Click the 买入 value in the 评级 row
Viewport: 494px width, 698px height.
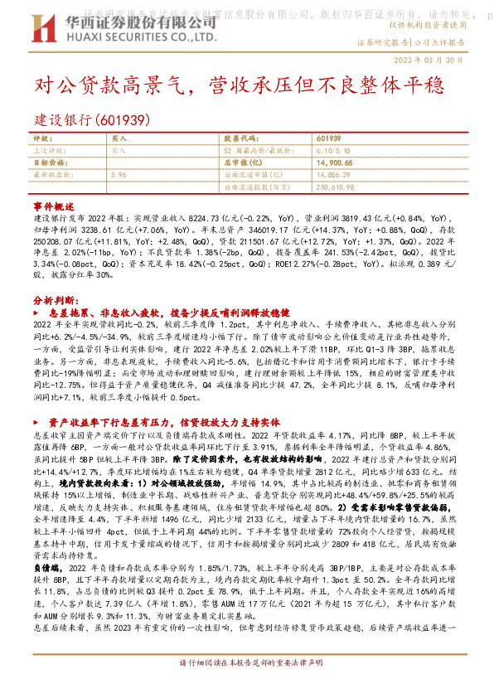[x=119, y=138]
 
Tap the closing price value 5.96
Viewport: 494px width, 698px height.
[x=119, y=175]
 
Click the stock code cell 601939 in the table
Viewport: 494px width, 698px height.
[x=328, y=138]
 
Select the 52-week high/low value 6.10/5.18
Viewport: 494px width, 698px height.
[x=335, y=151]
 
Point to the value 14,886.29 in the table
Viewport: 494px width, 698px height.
[x=336, y=175]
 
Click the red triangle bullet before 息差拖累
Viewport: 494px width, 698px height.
[x=41, y=311]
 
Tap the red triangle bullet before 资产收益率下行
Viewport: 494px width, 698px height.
[x=41, y=420]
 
